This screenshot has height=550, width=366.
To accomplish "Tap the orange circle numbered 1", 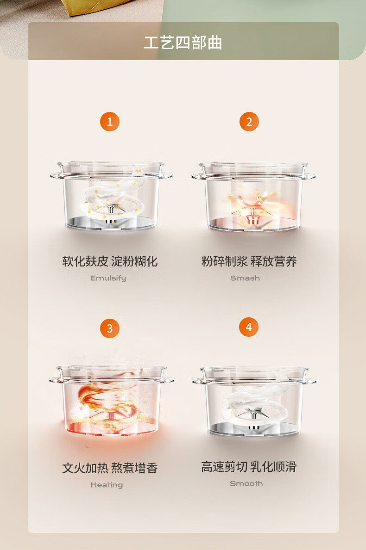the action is coord(110,122).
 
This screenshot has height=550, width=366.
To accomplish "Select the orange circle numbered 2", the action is coord(249,122).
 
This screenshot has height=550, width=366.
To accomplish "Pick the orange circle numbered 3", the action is coord(110,328).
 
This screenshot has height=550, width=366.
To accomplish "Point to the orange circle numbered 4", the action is coord(249,327).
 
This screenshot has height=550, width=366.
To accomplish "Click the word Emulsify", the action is coord(108,278).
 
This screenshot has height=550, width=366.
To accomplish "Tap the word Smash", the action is coord(245,278).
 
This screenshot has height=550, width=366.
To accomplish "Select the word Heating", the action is coord(107,485).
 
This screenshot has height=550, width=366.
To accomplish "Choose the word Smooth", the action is coord(246,484).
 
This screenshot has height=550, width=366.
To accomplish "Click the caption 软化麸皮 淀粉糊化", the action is coord(110,261).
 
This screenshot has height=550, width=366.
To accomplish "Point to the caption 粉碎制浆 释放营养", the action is coord(249,261).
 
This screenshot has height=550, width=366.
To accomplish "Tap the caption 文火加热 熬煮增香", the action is coord(110,468).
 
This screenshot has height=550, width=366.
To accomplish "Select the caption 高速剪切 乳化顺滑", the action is coord(249,467).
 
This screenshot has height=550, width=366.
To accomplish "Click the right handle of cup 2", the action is coord(309,176).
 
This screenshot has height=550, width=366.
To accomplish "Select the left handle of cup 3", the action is coord(56,380).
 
